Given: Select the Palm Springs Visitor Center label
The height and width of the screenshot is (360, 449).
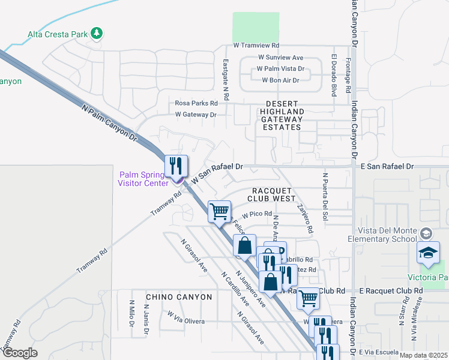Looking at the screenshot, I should (143, 179).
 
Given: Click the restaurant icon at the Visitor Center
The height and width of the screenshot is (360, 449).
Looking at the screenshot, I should (176, 166).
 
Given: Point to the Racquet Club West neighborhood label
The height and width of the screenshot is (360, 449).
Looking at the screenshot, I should (271, 194).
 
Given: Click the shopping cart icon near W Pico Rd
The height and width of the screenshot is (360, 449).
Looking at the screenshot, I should (220, 211).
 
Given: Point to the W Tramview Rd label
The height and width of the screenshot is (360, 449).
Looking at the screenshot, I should (256, 46).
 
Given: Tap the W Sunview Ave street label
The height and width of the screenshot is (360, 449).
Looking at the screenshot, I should (281, 57).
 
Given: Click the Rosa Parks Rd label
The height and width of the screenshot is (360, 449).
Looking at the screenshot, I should (196, 103).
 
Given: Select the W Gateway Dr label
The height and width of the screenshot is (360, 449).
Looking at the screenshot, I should (195, 114).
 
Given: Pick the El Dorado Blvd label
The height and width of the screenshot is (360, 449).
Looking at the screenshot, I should (333, 75).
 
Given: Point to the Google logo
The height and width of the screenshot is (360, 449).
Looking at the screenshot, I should (20, 353).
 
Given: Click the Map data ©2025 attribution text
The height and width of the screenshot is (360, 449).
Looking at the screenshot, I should (423, 355).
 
